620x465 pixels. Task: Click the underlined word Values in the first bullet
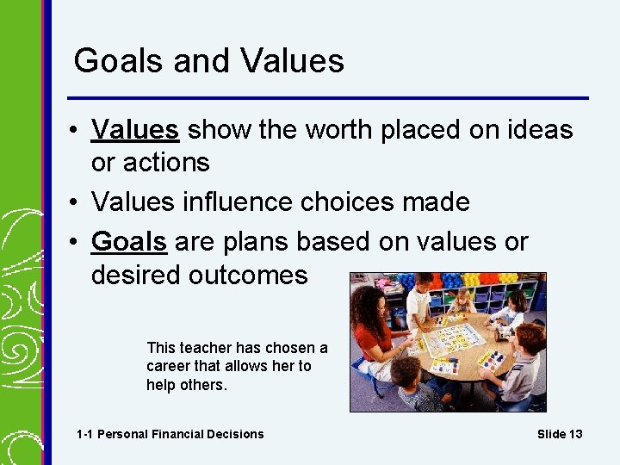pos(135,130)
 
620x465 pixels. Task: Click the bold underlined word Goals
pos(129,243)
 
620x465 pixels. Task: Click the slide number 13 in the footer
pos(574,434)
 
